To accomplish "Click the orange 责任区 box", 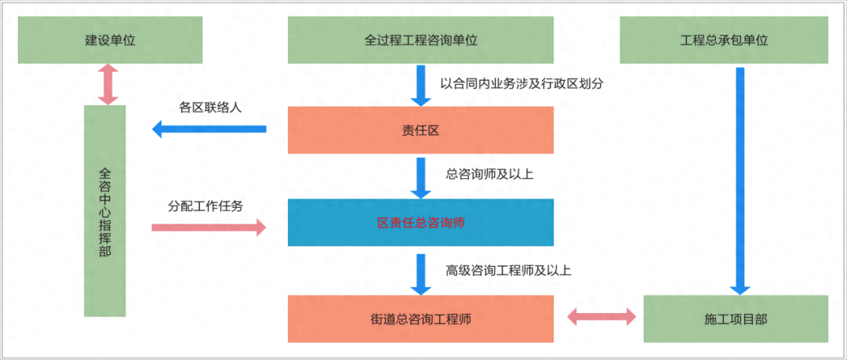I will pos(421,129).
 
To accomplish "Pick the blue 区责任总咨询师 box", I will pos(421,223).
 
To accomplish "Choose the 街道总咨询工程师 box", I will pos(421,318).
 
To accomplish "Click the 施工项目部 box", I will pos(735,319).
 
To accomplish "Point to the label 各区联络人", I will pos(209,108).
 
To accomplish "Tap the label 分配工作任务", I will pos(205,207).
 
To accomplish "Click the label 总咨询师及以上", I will pos(489,174).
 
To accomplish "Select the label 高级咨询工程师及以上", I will pos(508,271).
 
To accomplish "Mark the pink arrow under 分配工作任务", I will pos(209,227).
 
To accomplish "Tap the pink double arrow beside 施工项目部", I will pos(602,317).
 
